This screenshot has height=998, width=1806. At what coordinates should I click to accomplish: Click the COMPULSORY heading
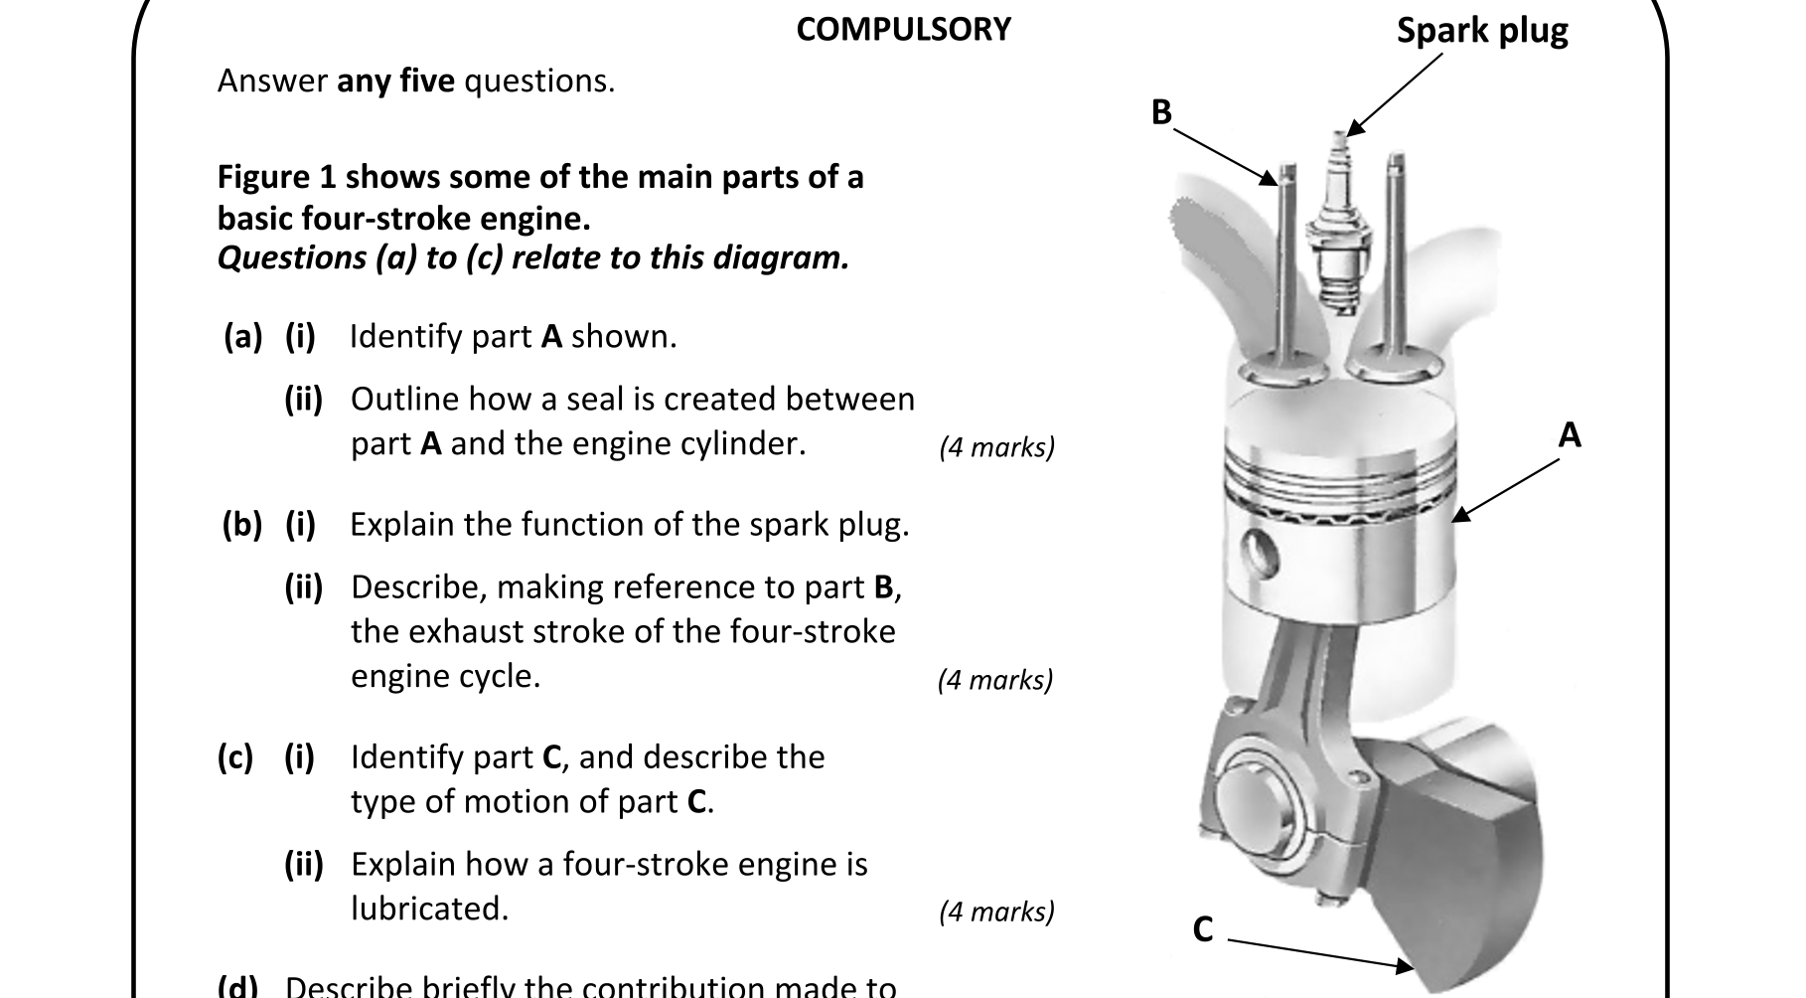(x=903, y=30)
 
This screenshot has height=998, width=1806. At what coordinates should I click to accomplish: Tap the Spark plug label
(x=1481, y=31)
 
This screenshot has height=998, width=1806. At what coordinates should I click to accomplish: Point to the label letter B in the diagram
(x=1161, y=112)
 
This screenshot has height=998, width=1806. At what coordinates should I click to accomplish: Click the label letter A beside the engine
(x=1569, y=435)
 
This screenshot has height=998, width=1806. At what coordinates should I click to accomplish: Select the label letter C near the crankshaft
(x=1202, y=929)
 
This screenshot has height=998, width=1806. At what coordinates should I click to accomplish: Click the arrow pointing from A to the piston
(x=1505, y=490)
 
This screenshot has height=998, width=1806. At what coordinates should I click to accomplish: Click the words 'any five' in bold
(x=395, y=81)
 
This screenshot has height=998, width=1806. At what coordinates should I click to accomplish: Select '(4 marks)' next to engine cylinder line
(x=996, y=447)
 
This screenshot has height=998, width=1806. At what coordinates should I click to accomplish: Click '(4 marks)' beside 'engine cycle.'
(x=994, y=680)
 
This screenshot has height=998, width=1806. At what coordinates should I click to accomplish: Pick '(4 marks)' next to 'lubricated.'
(x=996, y=912)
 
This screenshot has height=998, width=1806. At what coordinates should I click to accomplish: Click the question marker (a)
(x=242, y=337)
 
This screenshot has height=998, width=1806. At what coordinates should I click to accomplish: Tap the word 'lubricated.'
(x=429, y=909)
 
